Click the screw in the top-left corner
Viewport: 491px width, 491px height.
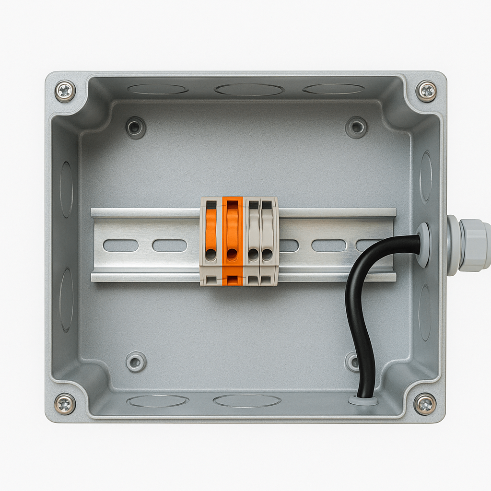coord(65,91)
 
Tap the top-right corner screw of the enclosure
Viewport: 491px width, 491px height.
coord(426,91)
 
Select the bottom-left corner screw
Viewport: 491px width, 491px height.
coord(65,404)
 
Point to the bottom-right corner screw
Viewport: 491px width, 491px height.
coord(425,404)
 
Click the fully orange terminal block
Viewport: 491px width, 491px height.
coord(233,241)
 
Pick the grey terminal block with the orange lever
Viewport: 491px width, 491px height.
coord(211,241)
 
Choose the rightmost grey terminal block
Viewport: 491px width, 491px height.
coord(268,241)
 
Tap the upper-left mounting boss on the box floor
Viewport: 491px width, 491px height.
coord(136,128)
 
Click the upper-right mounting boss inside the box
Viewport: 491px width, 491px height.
coord(356,128)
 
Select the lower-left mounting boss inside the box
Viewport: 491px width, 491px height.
coord(136,362)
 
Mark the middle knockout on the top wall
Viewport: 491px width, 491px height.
coord(249,90)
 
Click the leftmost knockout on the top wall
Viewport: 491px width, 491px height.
coord(158,89)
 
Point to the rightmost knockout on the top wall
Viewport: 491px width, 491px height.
coord(334,89)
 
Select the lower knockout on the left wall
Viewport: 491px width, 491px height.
coord(66,300)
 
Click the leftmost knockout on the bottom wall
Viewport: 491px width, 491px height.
coord(158,401)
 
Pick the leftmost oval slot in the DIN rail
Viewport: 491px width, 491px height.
coord(121,245)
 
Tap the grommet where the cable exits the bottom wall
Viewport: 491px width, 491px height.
coord(363,400)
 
